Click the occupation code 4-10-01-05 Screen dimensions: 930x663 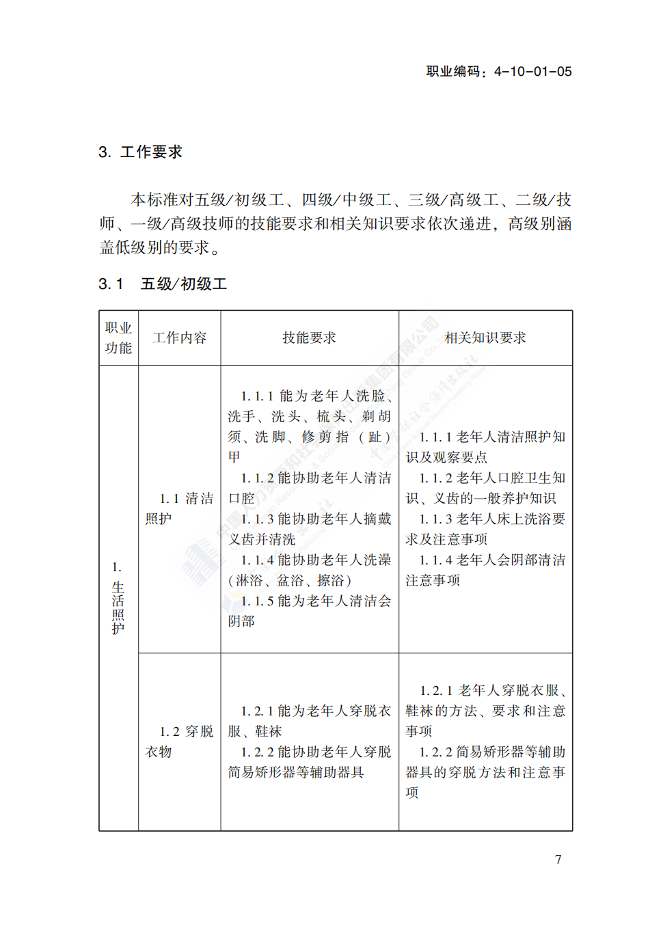pyautogui.click(x=532, y=72)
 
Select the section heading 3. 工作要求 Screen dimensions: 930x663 pyautogui.click(x=141, y=152)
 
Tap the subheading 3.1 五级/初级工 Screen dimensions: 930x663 pyautogui.click(x=163, y=284)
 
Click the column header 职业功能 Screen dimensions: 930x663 pyautogui.click(x=118, y=338)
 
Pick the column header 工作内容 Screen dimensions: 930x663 pyautogui.click(x=179, y=338)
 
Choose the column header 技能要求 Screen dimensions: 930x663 pyautogui.click(x=309, y=338)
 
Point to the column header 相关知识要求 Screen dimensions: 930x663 pyautogui.click(x=485, y=338)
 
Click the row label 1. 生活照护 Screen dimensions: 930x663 pyautogui.click(x=118, y=598)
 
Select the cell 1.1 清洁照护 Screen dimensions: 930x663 pyautogui.click(x=179, y=508)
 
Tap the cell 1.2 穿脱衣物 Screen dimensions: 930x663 pyautogui.click(x=179, y=741)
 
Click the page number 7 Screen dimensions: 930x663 pyautogui.click(x=558, y=860)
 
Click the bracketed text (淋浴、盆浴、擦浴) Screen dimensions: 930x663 pyautogui.click(x=290, y=581)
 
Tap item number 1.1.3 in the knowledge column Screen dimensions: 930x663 pyautogui.click(x=435, y=519)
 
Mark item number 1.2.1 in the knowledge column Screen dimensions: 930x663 pyautogui.click(x=436, y=691)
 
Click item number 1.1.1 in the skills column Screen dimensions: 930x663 pyautogui.click(x=257, y=396)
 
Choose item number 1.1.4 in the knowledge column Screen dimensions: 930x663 pyautogui.click(x=435, y=560)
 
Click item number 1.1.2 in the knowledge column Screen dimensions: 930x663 pyautogui.click(x=435, y=478)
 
